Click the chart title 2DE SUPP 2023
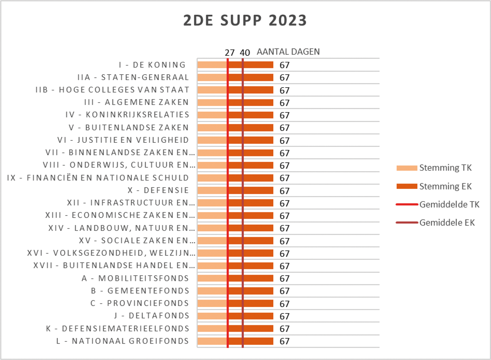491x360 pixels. point(245,20)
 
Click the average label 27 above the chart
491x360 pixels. point(229,53)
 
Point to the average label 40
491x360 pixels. point(245,53)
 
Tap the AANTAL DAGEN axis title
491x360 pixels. point(288,52)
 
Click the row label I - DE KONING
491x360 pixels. point(152,65)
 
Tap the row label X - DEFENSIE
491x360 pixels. point(158,190)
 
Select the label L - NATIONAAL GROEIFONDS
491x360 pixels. point(122,341)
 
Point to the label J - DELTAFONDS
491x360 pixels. point(152,316)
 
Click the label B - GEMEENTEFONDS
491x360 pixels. point(140,291)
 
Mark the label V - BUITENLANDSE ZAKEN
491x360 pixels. point(129,128)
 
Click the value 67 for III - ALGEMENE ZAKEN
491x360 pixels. point(285,103)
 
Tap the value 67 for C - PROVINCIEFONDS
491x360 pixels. point(285,304)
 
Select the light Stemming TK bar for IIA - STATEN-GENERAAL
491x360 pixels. point(212,77)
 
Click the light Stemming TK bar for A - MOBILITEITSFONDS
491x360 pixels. point(212,278)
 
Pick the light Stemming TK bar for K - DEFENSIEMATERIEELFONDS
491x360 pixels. point(212,329)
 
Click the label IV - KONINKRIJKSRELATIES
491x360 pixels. point(127,115)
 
